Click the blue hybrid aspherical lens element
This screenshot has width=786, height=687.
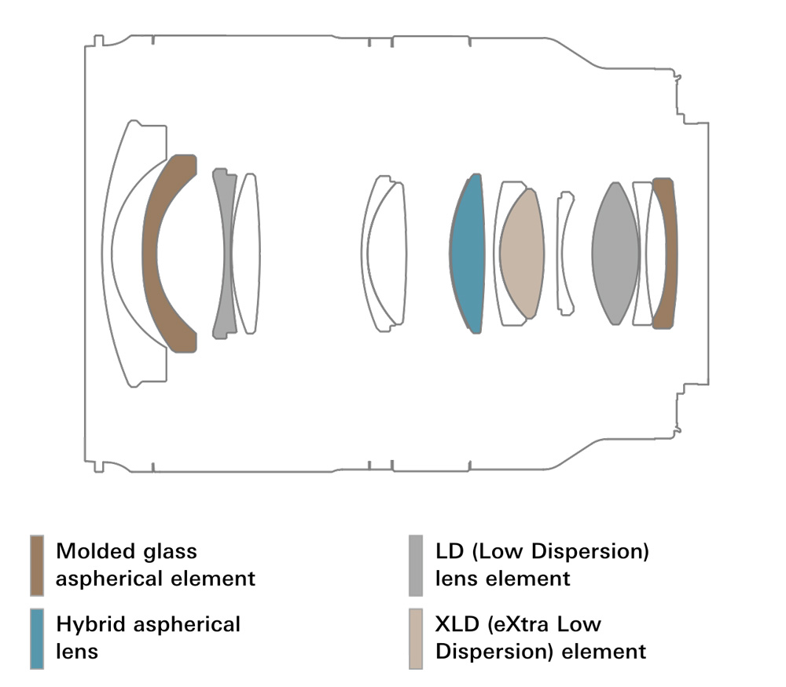(467, 254)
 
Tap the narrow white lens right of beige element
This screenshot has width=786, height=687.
(564, 253)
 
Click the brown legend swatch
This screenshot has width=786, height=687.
(36, 565)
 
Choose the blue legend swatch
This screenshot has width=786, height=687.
(36, 638)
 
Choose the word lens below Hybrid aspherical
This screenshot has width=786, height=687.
(77, 652)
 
